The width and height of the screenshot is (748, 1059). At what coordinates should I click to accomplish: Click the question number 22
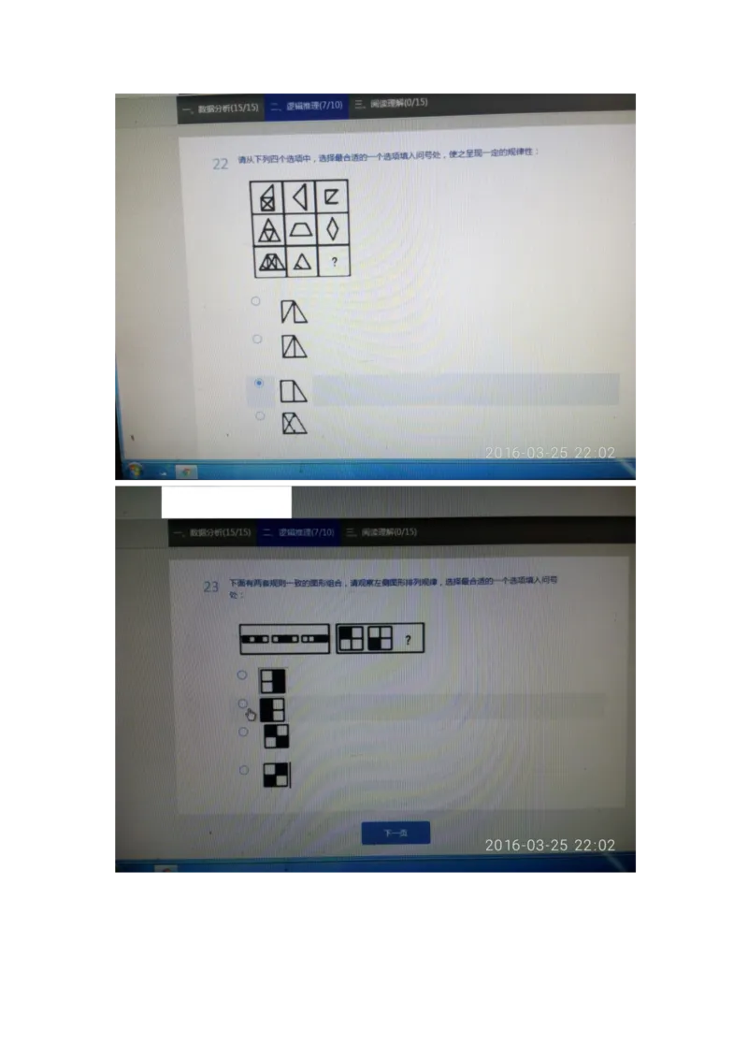(x=221, y=164)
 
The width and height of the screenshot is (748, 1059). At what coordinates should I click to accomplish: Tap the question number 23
(x=211, y=587)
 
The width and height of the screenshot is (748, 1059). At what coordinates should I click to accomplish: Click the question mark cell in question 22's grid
(x=334, y=262)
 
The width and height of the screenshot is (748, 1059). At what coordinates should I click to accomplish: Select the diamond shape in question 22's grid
(x=333, y=229)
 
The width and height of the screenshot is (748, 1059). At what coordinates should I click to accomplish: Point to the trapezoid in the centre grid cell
(x=301, y=229)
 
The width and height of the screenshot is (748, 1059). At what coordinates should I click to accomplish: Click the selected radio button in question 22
(x=259, y=383)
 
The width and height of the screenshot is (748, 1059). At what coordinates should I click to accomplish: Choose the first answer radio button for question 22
(x=255, y=301)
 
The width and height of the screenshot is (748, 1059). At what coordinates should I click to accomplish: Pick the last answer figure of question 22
(x=295, y=423)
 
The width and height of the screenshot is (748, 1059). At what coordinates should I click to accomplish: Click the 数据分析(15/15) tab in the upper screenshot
(x=221, y=109)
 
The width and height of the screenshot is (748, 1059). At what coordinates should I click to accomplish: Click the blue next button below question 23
(x=396, y=833)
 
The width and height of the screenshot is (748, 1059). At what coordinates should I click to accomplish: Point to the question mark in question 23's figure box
(x=408, y=640)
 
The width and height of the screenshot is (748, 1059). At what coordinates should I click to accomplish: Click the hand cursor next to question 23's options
(x=251, y=714)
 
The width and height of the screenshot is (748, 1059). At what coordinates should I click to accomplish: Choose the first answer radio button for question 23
(x=242, y=675)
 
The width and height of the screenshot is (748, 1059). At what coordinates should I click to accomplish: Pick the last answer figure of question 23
(x=277, y=775)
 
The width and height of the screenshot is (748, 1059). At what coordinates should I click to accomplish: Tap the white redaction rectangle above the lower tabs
(x=226, y=500)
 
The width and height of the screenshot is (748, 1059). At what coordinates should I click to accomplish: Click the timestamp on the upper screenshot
(x=550, y=453)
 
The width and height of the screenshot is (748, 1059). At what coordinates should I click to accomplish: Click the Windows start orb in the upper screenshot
(x=134, y=469)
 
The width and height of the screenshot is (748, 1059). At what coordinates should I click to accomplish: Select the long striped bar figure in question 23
(x=285, y=639)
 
